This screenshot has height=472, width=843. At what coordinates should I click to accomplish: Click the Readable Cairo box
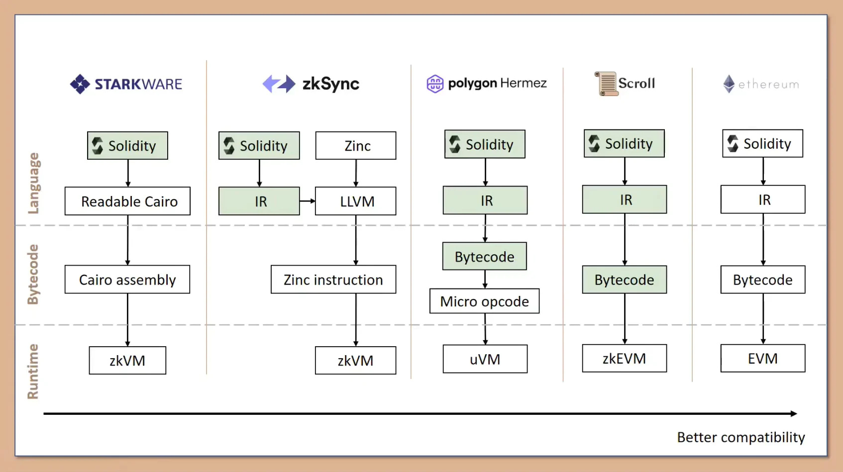(x=127, y=201)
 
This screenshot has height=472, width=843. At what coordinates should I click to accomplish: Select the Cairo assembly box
(x=127, y=280)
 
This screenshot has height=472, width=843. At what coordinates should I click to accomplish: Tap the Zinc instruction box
(x=333, y=280)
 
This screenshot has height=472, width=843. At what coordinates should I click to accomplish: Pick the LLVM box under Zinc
(x=356, y=201)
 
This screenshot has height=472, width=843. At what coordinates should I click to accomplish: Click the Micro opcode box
(x=484, y=301)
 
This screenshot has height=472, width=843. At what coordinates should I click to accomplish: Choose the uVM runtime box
(x=485, y=359)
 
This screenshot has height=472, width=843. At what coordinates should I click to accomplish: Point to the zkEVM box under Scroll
(x=625, y=359)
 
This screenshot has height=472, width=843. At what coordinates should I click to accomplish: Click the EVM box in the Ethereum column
(x=763, y=359)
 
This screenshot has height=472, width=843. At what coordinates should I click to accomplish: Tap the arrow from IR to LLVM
(x=308, y=201)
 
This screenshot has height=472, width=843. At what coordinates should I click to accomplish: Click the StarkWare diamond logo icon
(x=80, y=84)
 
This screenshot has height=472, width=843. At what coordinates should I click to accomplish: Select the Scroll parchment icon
(x=606, y=84)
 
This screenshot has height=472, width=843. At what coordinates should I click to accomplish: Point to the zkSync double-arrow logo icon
(x=279, y=84)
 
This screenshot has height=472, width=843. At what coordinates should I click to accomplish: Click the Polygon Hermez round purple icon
(x=434, y=84)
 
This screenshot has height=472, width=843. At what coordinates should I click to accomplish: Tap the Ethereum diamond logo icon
(x=729, y=84)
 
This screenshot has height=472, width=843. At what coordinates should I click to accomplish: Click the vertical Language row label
(x=34, y=183)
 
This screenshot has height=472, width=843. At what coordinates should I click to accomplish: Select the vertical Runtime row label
(x=33, y=371)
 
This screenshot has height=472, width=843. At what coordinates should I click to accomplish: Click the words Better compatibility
(x=740, y=437)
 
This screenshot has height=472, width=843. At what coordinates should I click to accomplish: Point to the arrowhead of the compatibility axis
(x=794, y=413)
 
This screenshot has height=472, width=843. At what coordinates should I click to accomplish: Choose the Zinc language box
(x=356, y=146)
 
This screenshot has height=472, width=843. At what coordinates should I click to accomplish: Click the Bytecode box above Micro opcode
(x=484, y=256)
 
